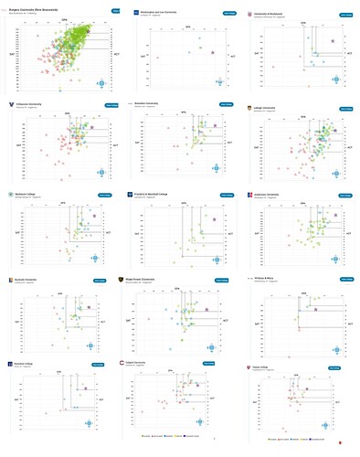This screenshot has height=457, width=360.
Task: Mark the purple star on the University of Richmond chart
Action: pos(333,41)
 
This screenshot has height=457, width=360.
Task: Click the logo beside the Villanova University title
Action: pos(9,104)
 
